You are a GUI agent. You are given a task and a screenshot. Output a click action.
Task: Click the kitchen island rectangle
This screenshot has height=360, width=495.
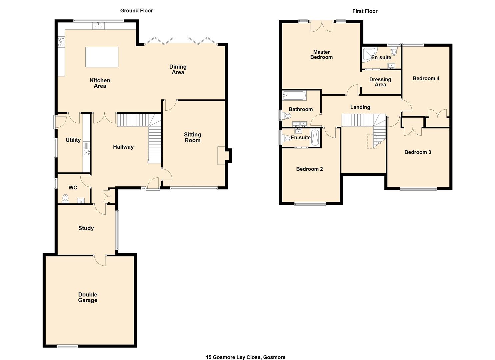(102, 57)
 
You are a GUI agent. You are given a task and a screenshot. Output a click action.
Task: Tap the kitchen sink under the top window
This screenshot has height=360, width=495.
(98, 26)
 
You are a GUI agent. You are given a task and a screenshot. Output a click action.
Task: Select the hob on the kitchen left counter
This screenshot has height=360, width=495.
(61, 42)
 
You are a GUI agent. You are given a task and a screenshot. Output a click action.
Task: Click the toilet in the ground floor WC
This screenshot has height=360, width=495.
(65, 199)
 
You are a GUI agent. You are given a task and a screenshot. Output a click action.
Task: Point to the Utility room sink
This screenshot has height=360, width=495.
(86, 153)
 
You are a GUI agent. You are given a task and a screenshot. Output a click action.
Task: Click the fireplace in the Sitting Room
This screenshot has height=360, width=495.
(221, 156)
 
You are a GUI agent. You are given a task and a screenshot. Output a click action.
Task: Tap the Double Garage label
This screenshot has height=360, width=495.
(88, 297)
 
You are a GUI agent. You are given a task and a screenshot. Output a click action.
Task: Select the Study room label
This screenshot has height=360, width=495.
(86, 228)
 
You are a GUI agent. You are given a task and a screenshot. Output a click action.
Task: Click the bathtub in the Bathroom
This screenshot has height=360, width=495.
(294, 96)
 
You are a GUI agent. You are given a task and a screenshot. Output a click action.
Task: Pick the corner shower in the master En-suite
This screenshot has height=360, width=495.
(368, 54)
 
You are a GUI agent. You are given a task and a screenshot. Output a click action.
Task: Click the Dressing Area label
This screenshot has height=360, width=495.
(380, 82)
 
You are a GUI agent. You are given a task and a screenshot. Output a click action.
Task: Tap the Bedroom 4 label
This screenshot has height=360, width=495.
(426, 79)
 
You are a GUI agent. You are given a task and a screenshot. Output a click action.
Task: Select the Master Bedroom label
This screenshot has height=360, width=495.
(321, 55)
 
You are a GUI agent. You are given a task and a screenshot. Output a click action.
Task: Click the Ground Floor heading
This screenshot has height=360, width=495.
(136, 11)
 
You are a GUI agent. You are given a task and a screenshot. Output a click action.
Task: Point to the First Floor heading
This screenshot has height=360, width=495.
(365, 11)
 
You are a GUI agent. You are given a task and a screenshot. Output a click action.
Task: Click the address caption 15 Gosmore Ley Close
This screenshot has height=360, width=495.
(245, 357)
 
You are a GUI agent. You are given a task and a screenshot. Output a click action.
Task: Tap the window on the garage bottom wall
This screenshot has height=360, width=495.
(68, 347)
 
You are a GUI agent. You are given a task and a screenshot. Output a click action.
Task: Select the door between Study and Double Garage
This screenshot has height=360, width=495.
(100, 260)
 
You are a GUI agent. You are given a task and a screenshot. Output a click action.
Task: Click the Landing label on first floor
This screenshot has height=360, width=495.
(360, 107)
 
